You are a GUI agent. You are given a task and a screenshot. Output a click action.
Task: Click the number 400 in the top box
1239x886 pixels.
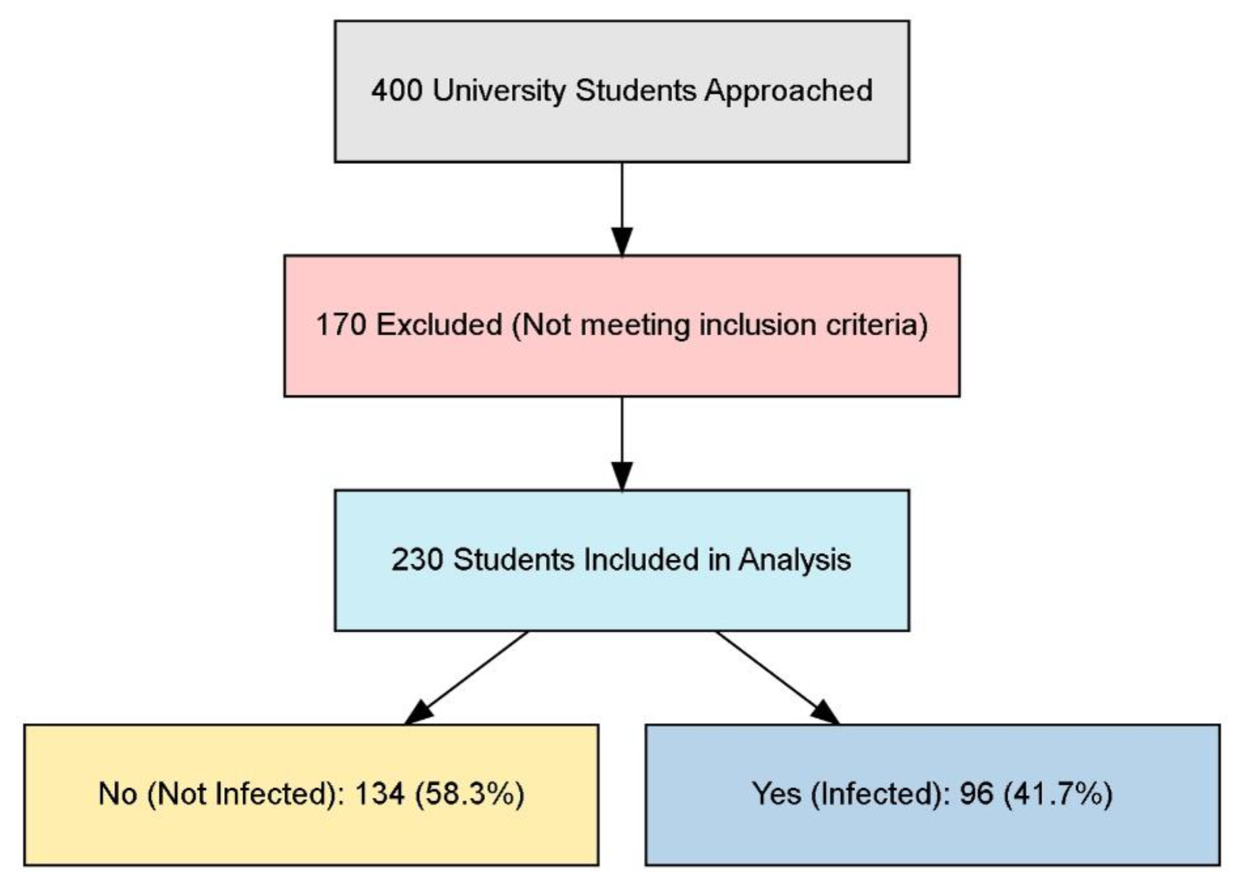(396, 90)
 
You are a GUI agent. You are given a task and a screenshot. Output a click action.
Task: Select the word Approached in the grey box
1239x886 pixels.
(788, 91)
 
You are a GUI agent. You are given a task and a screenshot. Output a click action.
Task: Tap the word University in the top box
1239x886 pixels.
(499, 91)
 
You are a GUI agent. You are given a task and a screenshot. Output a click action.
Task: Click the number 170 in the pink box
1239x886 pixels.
(341, 325)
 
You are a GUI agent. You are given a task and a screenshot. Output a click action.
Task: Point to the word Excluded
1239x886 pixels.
(439, 325)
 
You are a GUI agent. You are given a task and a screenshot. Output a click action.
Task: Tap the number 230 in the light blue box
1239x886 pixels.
(417, 560)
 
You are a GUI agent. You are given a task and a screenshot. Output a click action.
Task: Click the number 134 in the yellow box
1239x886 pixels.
(380, 794)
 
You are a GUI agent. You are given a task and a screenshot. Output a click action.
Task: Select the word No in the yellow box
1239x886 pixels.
(117, 794)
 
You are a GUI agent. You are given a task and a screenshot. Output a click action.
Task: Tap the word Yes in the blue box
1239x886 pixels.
(776, 794)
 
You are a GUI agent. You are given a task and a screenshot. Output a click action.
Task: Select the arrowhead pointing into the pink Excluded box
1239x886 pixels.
(622, 240)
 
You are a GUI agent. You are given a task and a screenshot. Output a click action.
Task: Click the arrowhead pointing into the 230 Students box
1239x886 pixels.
(622, 476)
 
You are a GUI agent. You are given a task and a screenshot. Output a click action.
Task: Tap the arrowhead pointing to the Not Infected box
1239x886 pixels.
(419, 712)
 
